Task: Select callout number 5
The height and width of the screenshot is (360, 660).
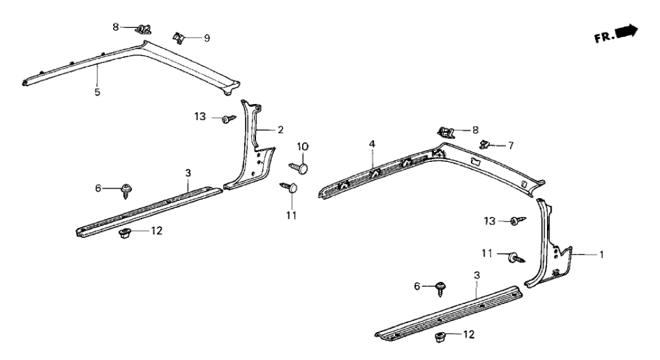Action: click(x=97, y=92)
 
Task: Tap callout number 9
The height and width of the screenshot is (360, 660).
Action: click(x=207, y=38)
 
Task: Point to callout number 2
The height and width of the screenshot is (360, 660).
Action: click(x=281, y=130)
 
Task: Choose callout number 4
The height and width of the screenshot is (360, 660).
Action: click(x=373, y=156)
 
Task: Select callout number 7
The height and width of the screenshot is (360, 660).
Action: click(x=511, y=146)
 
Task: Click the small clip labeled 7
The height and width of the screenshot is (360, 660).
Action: click(x=483, y=143)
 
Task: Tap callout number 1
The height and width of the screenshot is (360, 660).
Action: click(x=601, y=255)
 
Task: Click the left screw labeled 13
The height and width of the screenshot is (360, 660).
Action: click(x=227, y=118)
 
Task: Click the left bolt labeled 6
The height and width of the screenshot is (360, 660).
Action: click(x=126, y=190)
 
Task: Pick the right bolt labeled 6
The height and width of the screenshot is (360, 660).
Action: click(x=440, y=287)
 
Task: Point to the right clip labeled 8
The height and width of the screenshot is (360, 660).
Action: click(x=446, y=132)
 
